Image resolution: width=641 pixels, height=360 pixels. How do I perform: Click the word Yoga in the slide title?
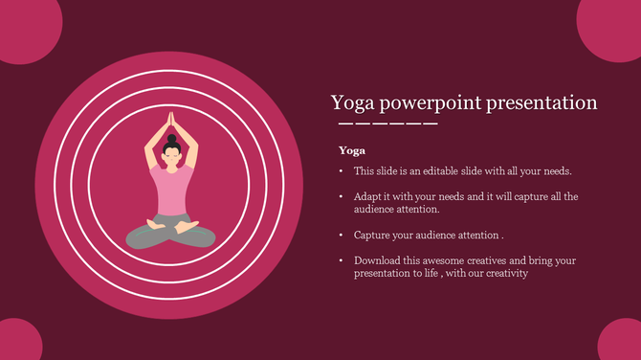(x=351, y=103)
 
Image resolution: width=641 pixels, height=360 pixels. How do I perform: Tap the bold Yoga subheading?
(x=352, y=150)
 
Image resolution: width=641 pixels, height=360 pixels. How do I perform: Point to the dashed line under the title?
(x=387, y=124)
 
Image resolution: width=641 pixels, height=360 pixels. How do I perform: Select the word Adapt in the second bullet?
(x=368, y=196)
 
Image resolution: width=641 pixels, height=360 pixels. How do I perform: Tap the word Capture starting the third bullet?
(x=372, y=235)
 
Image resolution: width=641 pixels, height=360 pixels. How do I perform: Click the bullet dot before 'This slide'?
(x=341, y=171)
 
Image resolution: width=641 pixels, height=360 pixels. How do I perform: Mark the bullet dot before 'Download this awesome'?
(x=341, y=260)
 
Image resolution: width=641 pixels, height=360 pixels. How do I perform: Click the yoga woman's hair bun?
(x=172, y=139)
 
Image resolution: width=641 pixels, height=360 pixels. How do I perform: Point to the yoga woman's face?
(x=172, y=157)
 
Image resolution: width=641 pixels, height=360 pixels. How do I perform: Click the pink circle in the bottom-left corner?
(x=19, y=343)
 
